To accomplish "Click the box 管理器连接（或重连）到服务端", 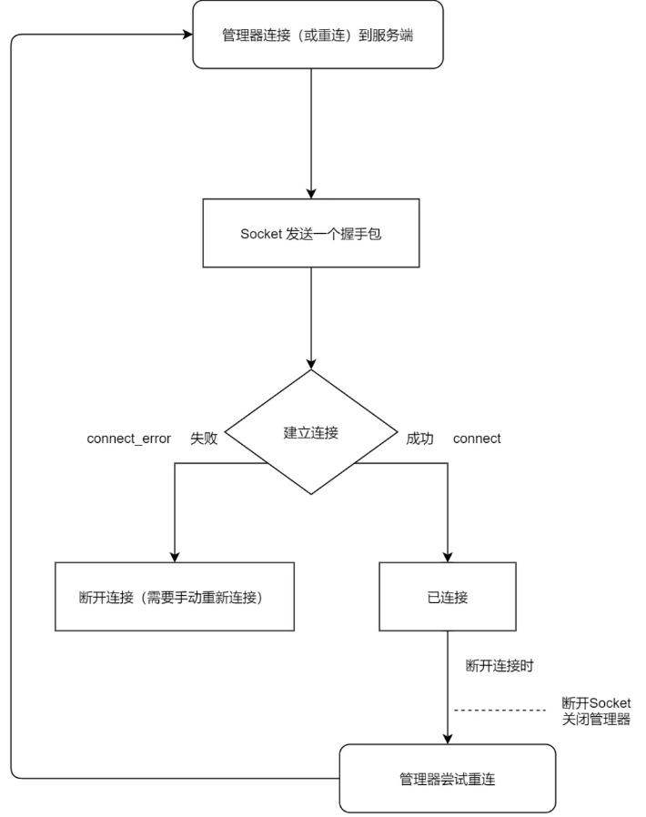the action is [x=318, y=35].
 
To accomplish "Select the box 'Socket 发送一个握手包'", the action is [x=311, y=233].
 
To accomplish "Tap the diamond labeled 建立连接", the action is [x=311, y=432].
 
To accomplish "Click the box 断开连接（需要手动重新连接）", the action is [x=175, y=597].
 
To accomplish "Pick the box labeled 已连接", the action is [x=448, y=597].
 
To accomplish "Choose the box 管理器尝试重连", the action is [x=448, y=779].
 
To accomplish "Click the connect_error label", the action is [x=128, y=439].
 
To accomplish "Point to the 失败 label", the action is [x=204, y=439].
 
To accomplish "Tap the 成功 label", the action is [x=420, y=439].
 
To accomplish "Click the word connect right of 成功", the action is [x=477, y=439].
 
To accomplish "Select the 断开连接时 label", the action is [x=500, y=665].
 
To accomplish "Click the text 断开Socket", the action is [x=596, y=703].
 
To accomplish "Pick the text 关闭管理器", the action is [x=596, y=720].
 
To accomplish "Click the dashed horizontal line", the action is [x=500, y=711].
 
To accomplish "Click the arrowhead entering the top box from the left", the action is [x=188, y=35].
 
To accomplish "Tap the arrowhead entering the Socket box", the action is [x=311, y=194].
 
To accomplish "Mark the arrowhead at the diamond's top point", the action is [x=311, y=364].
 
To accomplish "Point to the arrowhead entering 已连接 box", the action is [x=448, y=557].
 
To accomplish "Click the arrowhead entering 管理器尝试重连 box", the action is [x=448, y=739].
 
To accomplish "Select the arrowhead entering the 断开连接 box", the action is [x=175, y=557].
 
